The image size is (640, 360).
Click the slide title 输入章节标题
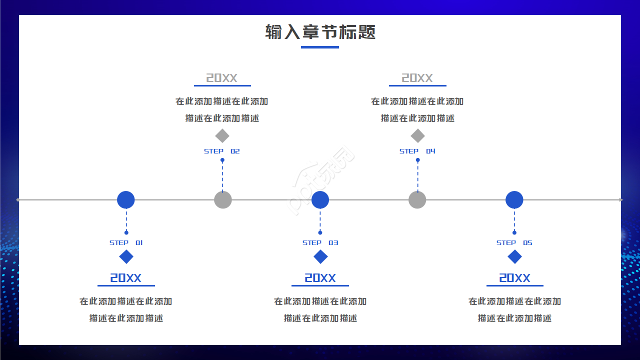tap(320, 32)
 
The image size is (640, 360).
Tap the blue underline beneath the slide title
tap(320, 47)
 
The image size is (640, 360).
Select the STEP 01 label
tap(126, 242)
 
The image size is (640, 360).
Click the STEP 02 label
tap(222, 151)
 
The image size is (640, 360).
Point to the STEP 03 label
tap(320, 242)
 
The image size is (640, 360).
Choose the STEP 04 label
tap(417, 151)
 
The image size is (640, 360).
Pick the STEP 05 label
tap(514, 242)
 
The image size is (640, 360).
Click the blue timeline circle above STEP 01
tap(126, 199)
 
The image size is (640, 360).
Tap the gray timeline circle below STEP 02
tap(223, 199)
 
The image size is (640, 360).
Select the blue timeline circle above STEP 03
tap(320, 199)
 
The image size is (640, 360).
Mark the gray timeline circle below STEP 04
tap(417, 199)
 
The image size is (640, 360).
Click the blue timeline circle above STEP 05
tap(514, 199)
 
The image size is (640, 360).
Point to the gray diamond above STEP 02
tap(222, 135)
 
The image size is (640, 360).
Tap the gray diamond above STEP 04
tap(417, 135)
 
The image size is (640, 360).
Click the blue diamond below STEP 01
tap(126, 257)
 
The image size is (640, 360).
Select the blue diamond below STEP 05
tap(514, 257)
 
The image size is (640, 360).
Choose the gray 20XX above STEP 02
tap(222, 78)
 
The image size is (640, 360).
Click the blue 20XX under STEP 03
tap(320, 278)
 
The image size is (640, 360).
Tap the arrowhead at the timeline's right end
tap(621, 200)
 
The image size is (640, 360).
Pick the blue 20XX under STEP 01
tap(126, 278)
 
